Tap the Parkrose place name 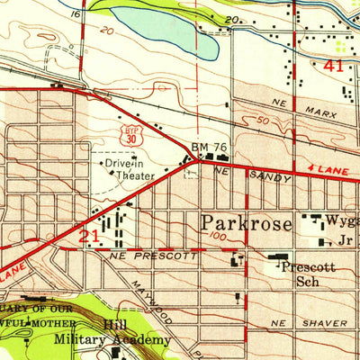[x=243, y=221]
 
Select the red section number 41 [x=334, y=66]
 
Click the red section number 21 [x=86, y=235]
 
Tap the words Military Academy [x=112, y=339]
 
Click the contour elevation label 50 [x=262, y=120]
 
